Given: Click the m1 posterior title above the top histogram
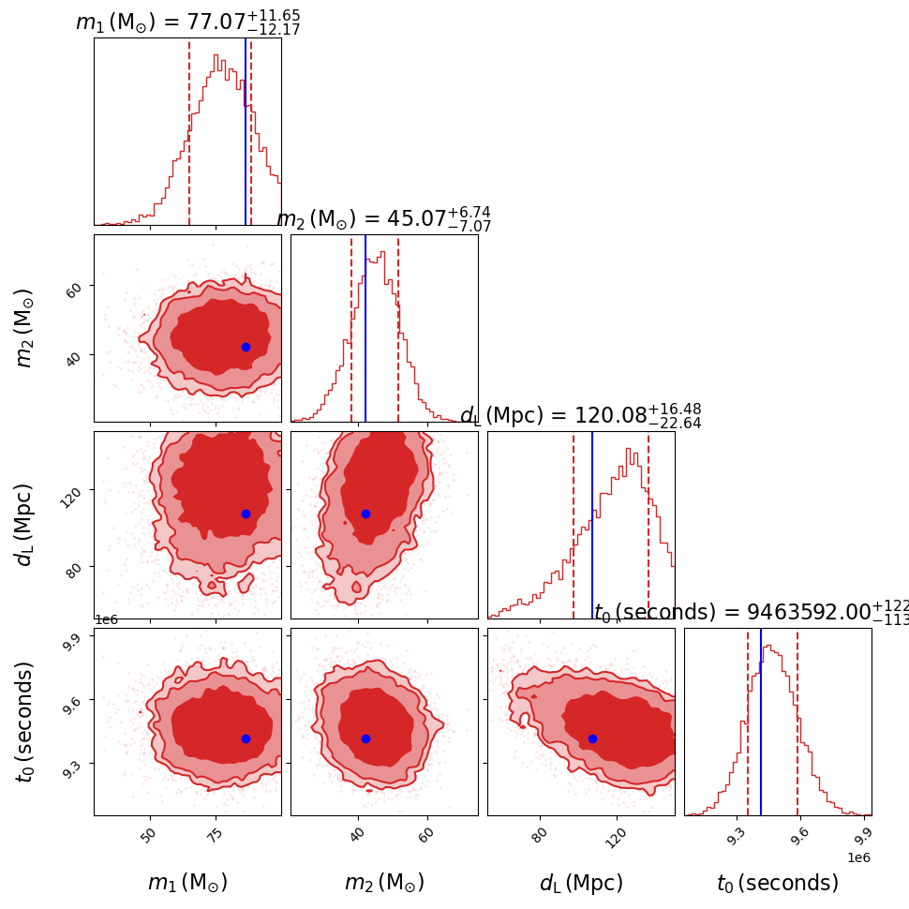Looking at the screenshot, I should coord(187,21).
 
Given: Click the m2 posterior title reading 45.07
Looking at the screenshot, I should coord(383,218).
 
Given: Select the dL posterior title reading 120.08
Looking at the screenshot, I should coord(580,415).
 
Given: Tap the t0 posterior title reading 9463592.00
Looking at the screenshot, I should coord(750,612).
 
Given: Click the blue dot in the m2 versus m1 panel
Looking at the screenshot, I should coord(246,347).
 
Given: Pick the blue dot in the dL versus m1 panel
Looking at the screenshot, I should coord(246,514).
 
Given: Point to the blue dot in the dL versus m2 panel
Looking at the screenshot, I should coord(365,514).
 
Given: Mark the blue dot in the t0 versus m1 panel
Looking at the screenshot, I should coord(246,738).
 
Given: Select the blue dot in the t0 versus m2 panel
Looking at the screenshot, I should coord(365,738).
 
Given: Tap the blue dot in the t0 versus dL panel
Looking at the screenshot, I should coord(592,738).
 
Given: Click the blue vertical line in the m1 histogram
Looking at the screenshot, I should coord(246,131).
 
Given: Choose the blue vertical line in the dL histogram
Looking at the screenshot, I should coord(592,525).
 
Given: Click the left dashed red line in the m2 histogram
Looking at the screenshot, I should coord(351,328).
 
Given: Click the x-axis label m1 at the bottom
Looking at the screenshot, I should coord(187,883).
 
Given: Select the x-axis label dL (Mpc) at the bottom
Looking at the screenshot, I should coord(581,883).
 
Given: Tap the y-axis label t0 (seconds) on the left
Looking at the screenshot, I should coord(25,721).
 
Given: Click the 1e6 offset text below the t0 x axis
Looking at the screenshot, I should coord(857,857).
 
